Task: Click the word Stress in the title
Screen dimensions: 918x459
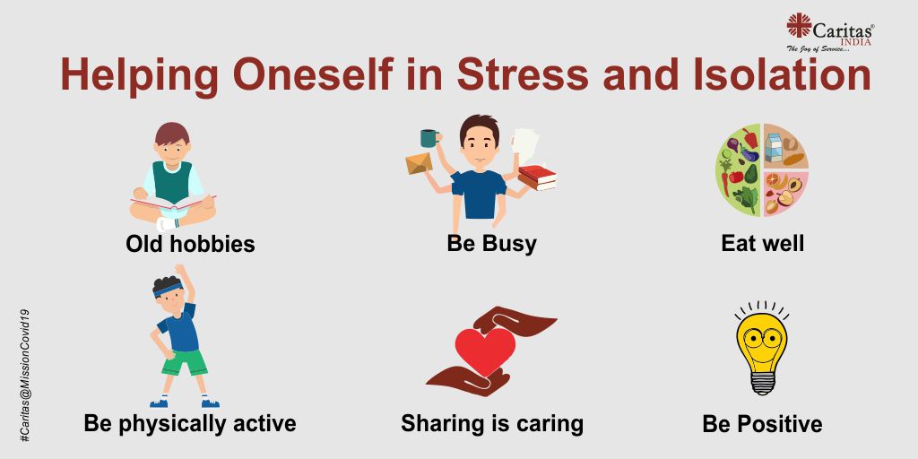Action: (523, 75)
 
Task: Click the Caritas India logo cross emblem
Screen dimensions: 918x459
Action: (799, 25)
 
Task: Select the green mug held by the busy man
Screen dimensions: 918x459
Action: (429, 138)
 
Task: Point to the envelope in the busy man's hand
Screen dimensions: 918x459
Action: (420, 163)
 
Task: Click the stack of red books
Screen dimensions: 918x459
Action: (538, 178)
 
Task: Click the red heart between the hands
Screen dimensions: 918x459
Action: (485, 351)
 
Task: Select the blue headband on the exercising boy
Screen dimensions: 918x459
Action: (168, 290)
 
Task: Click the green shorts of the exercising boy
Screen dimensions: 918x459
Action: (185, 363)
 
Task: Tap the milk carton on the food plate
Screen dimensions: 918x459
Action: (774, 148)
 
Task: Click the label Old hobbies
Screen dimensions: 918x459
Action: (190, 244)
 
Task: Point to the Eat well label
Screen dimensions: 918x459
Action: (762, 243)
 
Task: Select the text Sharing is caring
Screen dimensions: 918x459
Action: (492, 423)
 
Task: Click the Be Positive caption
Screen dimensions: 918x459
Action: (762, 423)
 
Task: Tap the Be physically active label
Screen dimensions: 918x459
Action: (190, 423)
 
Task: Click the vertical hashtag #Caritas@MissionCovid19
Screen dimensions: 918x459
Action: (24, 375)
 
